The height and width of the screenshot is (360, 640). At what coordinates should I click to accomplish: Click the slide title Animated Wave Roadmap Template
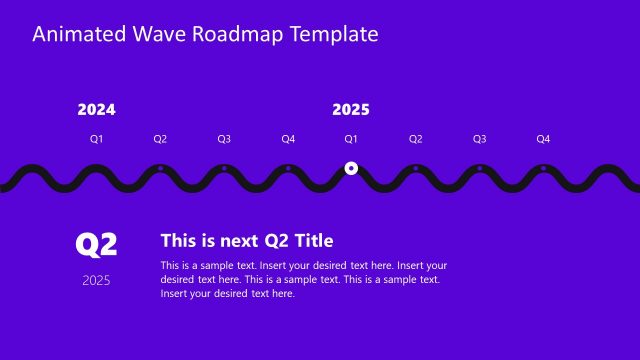click(x=205, y=34)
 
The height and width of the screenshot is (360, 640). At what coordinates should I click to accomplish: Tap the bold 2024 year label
click(x=96, y=110)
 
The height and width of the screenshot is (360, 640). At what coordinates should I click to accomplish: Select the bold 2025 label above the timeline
click(x=351, y=110)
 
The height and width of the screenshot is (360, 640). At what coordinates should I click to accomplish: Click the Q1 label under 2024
click(x=97, y=139)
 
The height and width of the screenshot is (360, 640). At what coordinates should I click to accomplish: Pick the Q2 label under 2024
click(x=160, y=139)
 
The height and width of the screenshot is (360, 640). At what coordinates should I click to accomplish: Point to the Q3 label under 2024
click(x=224, y=139)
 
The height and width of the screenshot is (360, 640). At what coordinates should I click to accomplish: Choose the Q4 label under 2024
click(x=288, y=139)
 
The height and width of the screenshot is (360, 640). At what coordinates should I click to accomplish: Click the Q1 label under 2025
click(x=351, y=139)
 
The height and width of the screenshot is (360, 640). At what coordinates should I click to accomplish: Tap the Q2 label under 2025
click(x=416, y=139)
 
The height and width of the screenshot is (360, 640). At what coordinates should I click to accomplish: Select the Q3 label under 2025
click(x=479, y=139)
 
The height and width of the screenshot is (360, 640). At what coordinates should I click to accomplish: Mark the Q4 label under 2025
click(x=543, y=139)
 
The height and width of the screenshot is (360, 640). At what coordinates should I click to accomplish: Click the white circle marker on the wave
click(x=351, y=168)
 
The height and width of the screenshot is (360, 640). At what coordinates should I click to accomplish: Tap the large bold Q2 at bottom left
click(x=97, y=244)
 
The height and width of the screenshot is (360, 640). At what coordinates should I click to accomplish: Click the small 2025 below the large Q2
click(x=97, y=280)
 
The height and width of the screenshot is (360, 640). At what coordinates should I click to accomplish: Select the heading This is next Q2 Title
click(x=247, y=241)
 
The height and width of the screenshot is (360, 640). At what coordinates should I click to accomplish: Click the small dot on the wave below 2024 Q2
click(x=160, y=168)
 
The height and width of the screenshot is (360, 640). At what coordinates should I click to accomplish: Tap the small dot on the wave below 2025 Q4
click(x=543, y=168)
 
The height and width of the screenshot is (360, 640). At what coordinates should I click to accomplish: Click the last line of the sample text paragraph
click(x=227, y=294)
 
